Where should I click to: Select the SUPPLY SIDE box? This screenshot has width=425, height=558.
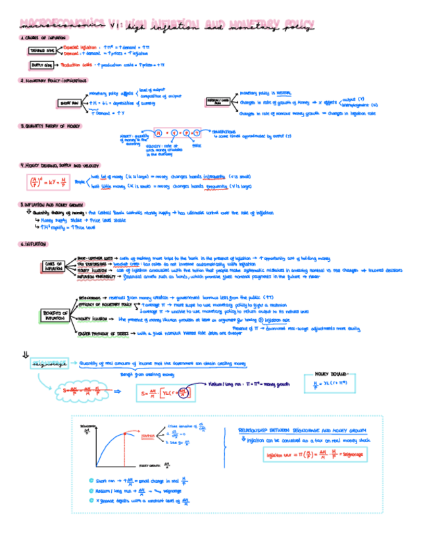pyautogui.click(x=43, y=65)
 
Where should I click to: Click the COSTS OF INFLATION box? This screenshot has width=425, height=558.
pyautogui.click(x=54, y=266)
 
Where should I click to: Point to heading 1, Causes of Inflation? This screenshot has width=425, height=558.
pyautogui.click(x=43, y=38)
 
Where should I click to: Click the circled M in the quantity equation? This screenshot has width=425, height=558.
pyautogui.click(x=158, y=132)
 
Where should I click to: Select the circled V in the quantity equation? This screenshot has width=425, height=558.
pyautogui.click(x=172, y=132)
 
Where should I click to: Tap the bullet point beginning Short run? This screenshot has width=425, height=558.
pyautogui.click(x=138, y=480)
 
